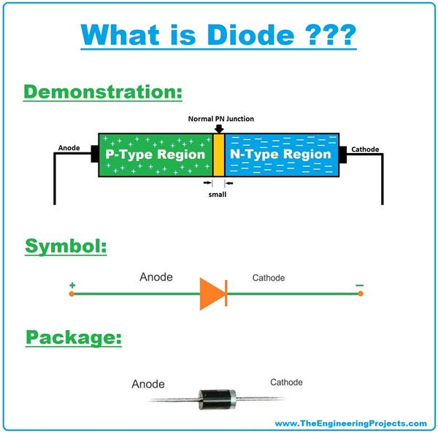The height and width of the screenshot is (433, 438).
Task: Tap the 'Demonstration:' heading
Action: click(102, 93)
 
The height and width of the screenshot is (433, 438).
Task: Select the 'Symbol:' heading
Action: click(66, 246)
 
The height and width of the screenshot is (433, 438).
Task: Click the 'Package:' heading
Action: click(73, 338)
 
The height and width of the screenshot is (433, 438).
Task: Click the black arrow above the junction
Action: click(219, 129)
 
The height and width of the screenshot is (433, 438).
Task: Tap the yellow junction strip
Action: click(218, 155)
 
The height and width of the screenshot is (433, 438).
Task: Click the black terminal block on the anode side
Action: click(93, 155)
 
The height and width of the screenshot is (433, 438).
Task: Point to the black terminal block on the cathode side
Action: click(343, 155)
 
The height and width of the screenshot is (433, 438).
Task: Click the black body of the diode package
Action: click(216, 397)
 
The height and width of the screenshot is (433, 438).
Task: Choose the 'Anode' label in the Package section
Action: click(148, 384)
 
